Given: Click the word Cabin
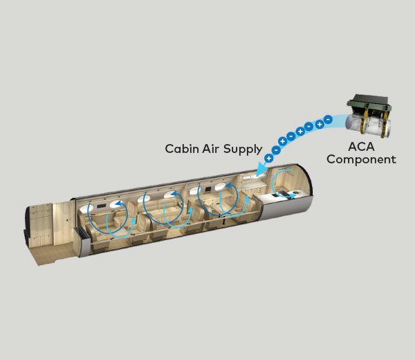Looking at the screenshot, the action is [x=182, y=149].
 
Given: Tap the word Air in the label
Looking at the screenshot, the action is [x=210, y=149].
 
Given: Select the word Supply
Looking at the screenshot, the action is [x=243, y=150].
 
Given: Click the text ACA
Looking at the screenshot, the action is [x=361, y=147].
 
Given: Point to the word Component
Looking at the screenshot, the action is [x=361, y=159].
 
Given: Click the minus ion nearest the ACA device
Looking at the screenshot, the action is [x=328, y=120].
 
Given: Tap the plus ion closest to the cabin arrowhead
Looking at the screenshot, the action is [x=268, y=159].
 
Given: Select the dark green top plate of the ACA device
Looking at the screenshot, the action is [x=370, y=102].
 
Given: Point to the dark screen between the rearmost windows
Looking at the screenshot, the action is [x=101, y=206].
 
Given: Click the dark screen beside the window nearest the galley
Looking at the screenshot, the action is [x=208, y=190].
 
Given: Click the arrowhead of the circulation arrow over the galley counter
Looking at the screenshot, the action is [x=293, y=197].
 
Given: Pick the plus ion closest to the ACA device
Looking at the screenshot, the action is [x=320, y=124].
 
